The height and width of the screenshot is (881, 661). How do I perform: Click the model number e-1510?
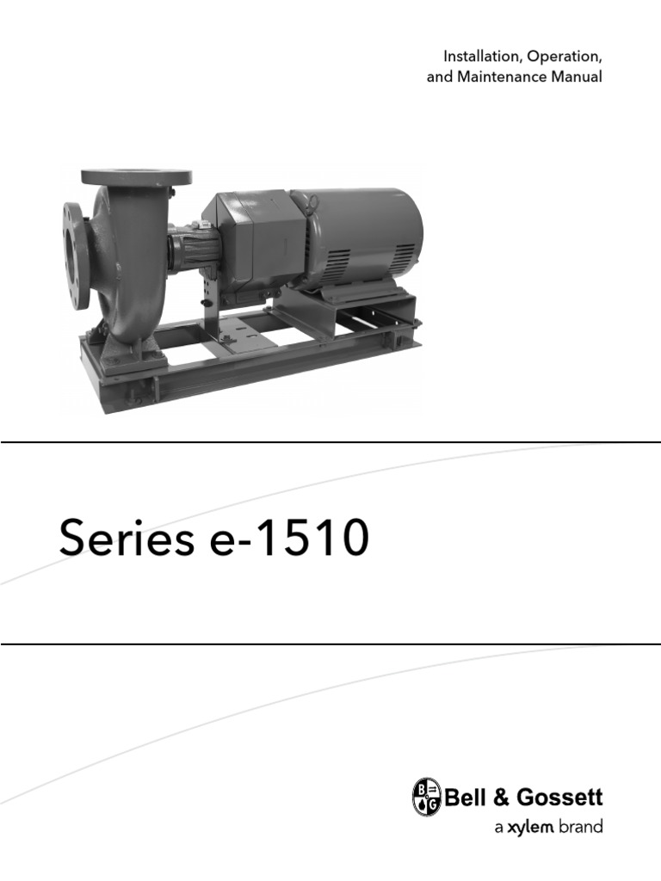click(x=289, y=538)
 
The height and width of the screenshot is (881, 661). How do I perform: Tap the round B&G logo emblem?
click(x=427, y=796)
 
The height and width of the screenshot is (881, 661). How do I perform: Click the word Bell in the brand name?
click(x=460, y=798)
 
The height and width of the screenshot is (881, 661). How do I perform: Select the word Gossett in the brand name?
click(x=559, y=798)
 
